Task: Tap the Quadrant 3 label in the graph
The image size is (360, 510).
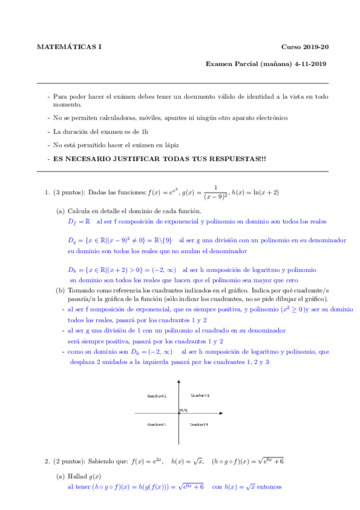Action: [x=157, y=425]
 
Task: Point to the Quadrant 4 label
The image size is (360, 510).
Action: [x=199, y=425]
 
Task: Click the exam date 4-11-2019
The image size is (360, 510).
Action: [x=308, y=63]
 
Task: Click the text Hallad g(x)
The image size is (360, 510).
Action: [x=86, y=476]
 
